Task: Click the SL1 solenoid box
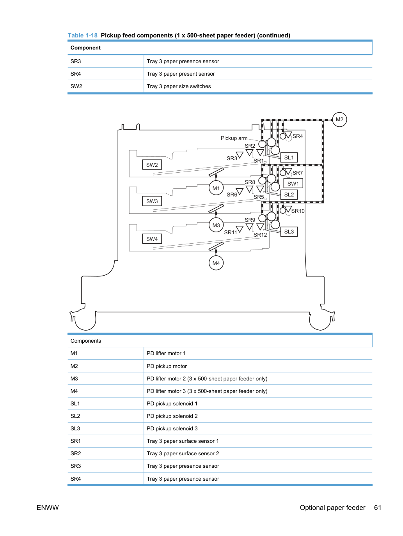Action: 289,157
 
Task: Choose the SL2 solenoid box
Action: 289,195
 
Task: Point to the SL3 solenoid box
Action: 289,232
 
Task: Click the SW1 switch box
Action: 293,183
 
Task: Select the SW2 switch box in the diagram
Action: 152,165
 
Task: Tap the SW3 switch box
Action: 152,201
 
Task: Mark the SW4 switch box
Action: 152,239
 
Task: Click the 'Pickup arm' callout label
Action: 234,138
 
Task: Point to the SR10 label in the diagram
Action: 298,211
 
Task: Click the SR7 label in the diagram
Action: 297,173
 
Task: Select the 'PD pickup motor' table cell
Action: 167,366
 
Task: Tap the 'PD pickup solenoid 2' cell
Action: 172,416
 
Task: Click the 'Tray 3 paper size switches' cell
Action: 179,86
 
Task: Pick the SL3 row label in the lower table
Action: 75,428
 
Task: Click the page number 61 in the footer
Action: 378,508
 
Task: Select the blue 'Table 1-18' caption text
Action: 83,35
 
